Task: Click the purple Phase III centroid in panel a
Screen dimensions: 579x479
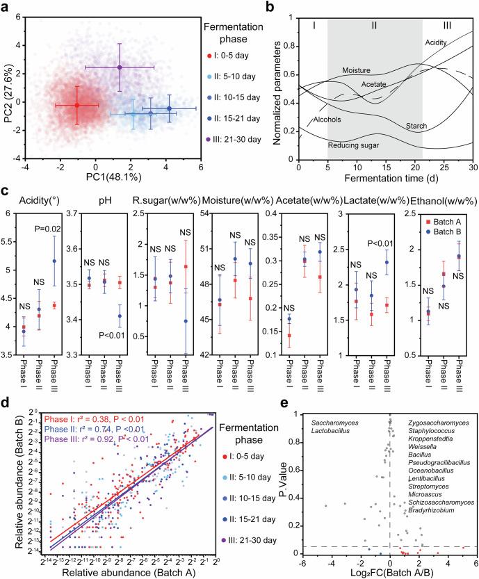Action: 120,67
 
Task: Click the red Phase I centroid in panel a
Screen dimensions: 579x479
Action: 76,105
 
